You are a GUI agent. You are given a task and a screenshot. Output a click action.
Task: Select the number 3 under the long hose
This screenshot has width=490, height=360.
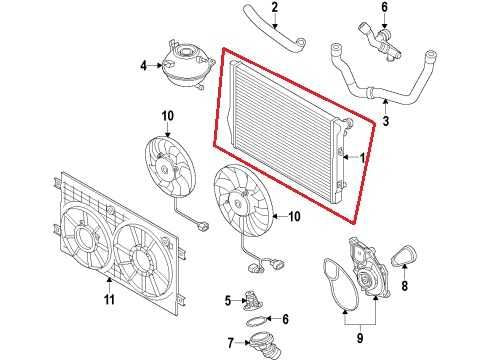[385, 122]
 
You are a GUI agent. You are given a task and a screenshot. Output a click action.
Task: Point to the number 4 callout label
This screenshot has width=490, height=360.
[143, 67]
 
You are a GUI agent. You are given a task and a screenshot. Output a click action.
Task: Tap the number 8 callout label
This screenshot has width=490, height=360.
[405, 285]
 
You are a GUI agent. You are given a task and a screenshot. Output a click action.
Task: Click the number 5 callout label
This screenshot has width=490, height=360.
[228, 298]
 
